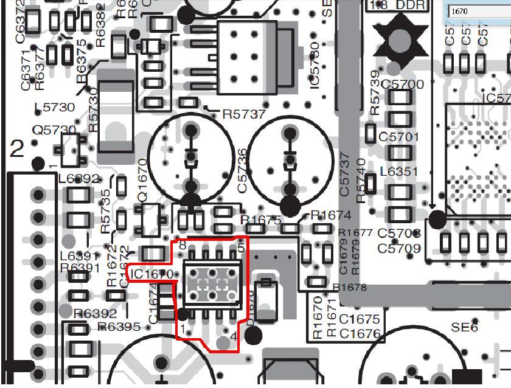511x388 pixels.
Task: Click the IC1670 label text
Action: pyautogui.click(x=152, y=275)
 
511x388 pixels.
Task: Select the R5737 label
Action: pyautogui.click(x=244, y=114)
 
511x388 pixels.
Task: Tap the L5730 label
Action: pyautogui.click(x=54, y=108)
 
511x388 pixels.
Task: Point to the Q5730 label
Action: pyautogui.click(x=54, y=130)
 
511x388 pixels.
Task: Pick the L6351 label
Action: pyautogui.click(x=399, y=172)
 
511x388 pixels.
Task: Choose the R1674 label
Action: pyautogui.click(x=331, y=215)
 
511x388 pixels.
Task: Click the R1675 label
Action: pyautogui.click(x=261, y=220)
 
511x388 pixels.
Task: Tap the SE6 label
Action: pyautogui.click(x=464, y=328)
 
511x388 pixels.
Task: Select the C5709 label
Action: pyautogui.click(x=399, y=249)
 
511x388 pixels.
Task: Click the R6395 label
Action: pyautogui.click(x=119, y=327)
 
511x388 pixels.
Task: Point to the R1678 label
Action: pyautogui.click(x=350, y=288)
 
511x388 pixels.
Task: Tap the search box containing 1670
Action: pyautogui.click(x=478, y=11)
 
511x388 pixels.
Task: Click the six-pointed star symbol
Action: pyautogui.click(x=400, y=40)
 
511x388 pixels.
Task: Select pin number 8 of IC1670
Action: pyautogui.click(x=182, y=244)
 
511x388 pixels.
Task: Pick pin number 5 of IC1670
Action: pyautogui.click(x=241, y=248)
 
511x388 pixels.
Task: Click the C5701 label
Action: pyautogui.click(x=399, y=137)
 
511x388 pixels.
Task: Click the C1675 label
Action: pyautogui.click(x=360, y=319)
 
